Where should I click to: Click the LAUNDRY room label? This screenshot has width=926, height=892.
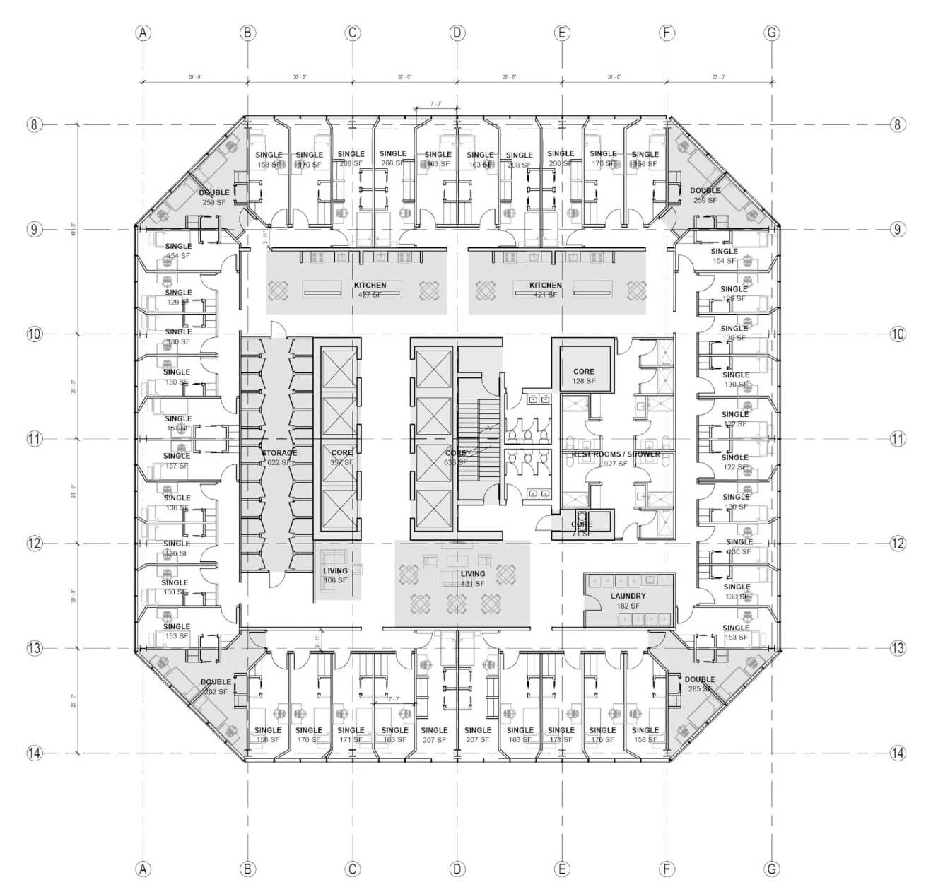click(628, 597)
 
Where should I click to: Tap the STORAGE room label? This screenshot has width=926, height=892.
click(279, 453)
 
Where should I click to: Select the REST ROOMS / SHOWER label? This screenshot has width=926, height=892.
click(611, 454)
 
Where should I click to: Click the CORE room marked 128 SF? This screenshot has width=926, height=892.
click(584, 372)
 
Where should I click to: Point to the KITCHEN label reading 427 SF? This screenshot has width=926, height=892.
click(370, 286)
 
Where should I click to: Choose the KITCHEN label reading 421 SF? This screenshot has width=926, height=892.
click(546, 286)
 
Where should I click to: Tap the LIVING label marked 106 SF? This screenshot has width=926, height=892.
click(336, 571)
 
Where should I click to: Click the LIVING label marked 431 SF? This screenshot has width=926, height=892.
click(473, 574)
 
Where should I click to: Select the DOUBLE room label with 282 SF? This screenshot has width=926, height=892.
click(216, 683)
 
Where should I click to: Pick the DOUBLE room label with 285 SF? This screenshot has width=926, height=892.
click(700, 680)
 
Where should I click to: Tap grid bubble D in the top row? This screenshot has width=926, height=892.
click(457, 33)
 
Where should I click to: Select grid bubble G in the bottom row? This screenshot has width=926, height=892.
click(772, 869)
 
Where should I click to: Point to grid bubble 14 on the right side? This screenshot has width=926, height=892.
click(898, 753)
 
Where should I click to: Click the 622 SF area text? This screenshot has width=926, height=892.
click(279, 463)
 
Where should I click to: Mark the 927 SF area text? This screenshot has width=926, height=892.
click(615, 464)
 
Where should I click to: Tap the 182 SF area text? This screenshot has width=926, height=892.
click(628, 606)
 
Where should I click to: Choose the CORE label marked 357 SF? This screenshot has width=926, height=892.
click(341, 453)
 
